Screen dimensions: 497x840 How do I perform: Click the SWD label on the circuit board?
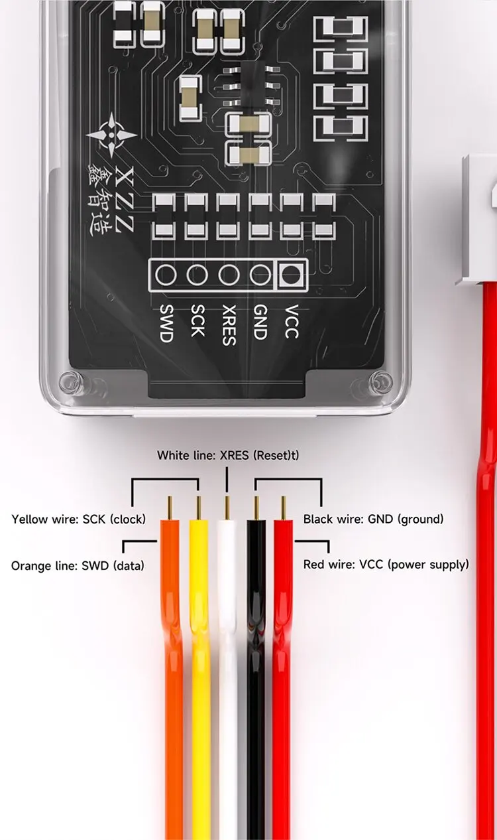click(x=166, y=323)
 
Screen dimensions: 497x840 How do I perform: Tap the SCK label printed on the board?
click(x=197, y=320)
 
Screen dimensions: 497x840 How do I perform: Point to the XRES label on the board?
click(x=229, y=324)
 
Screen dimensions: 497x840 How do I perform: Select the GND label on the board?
click(x=260, y=322)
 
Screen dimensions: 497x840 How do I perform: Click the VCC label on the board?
click(x=292, y=322)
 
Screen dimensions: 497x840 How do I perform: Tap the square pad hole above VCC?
click(x=292, y=275)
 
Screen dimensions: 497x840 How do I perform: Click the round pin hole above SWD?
click(x=166, y=275)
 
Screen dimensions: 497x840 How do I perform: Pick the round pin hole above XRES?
click(x=229, y=275)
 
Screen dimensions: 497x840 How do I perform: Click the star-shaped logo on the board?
click(x=111, y=135)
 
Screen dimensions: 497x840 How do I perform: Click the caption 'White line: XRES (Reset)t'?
click(x=228, y=455)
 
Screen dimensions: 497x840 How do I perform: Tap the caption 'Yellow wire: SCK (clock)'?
click(x=78, y=520)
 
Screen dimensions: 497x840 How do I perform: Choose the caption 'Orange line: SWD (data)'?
click(x=78, y=565)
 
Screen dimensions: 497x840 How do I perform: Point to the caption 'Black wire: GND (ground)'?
click(x=373, y=520)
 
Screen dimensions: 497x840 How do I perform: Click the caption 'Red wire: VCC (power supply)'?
click(x=386, y=565)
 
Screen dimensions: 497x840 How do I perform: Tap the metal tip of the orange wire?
click(x=170, y=508)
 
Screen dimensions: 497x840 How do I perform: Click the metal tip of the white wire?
click(x=227, y=508)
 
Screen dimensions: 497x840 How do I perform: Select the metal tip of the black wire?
click(x=256, y=508)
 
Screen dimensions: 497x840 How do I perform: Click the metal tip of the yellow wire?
click(x=199, y=508)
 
